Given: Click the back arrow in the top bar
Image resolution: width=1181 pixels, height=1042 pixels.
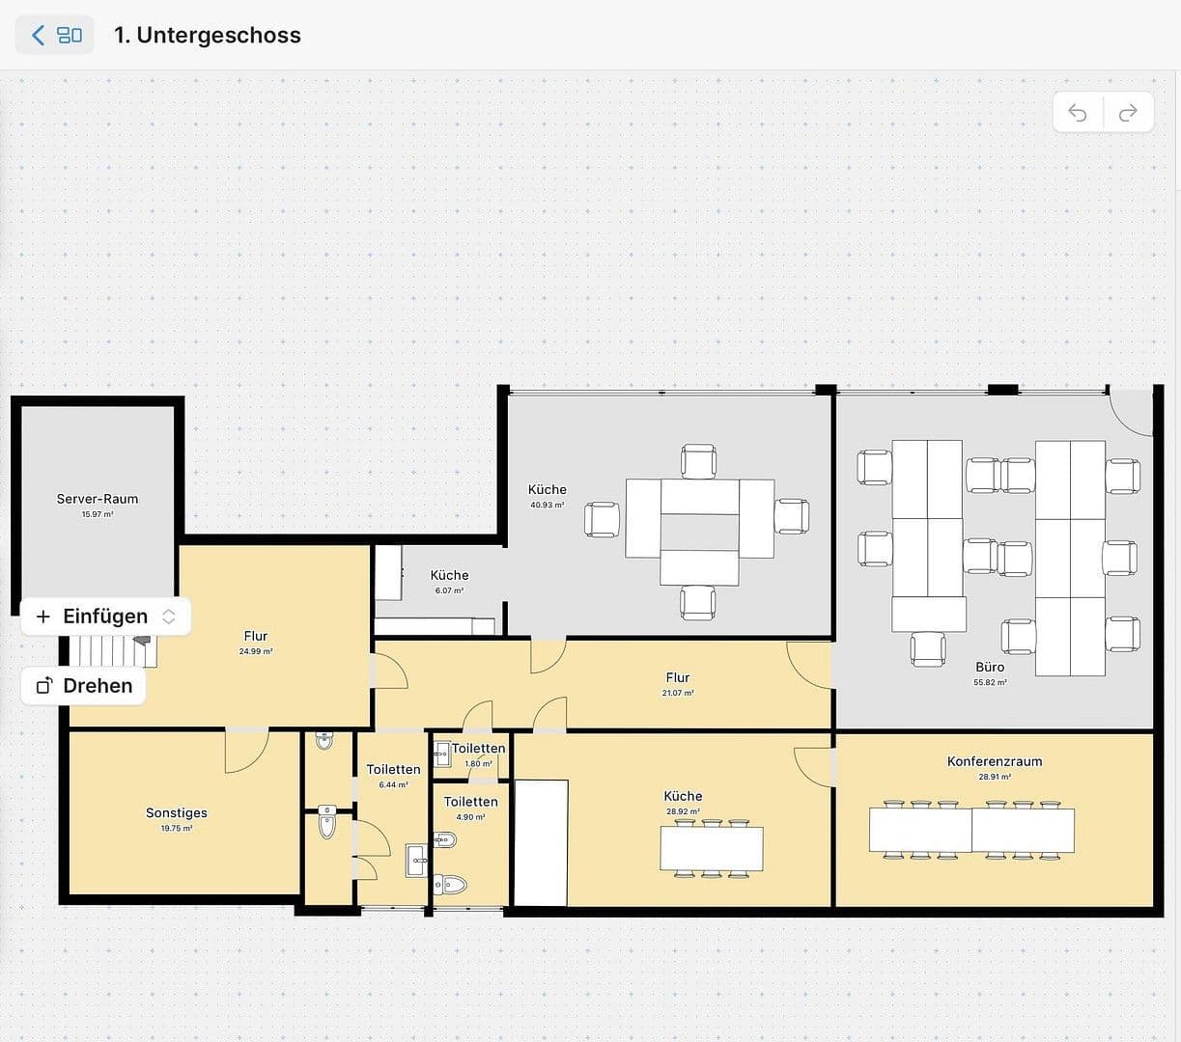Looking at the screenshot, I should coord(39,36).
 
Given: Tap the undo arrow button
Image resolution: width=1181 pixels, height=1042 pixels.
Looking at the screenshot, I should coord(1078,113).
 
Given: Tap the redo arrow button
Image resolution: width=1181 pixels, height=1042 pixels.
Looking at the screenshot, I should coord(1128,113).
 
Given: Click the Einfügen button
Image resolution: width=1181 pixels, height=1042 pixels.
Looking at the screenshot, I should coord(105,617).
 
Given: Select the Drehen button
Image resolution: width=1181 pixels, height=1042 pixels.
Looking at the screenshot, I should coord(84,686).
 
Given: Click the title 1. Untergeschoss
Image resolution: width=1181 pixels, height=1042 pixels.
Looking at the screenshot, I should coord(207,36).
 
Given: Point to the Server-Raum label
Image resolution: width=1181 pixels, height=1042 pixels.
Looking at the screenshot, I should coord(98,499).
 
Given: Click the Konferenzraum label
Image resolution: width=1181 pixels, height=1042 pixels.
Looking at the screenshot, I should coord(994,761).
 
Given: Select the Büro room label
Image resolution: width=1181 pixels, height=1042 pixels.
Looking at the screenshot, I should coord(990,667).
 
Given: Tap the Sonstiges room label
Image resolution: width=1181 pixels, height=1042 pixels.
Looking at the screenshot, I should coord(177,812).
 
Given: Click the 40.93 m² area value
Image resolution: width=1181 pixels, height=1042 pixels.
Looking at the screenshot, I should coord(547,505).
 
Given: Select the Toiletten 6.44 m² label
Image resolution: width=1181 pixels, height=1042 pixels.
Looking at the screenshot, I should coord(393,770).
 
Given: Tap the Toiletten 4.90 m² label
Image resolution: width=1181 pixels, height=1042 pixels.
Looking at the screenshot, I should coord(470,802).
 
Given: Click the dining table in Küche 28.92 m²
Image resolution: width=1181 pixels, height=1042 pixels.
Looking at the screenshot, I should coord(712,849).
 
